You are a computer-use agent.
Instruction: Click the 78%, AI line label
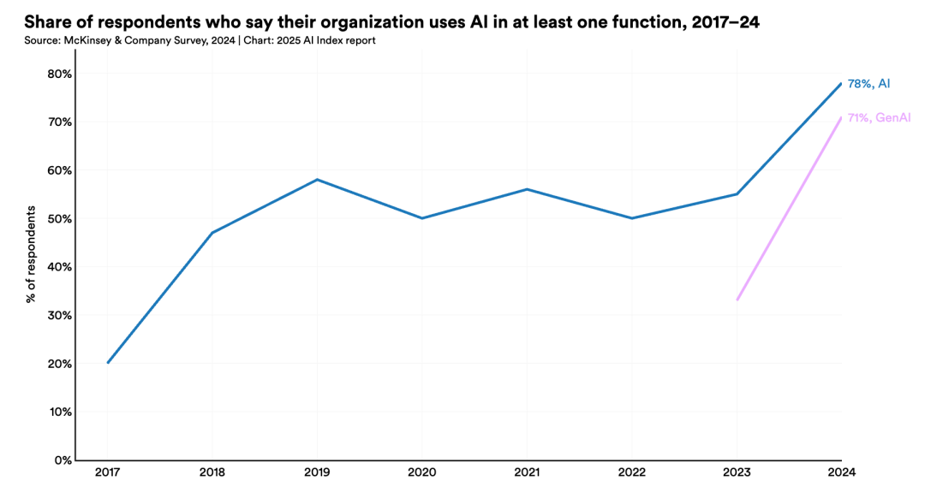(x=868, y=84)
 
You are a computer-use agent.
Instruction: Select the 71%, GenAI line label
(x=879, y=118)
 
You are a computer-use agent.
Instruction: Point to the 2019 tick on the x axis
(x=317, y=472)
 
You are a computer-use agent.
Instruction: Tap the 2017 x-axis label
(x=107, y=472)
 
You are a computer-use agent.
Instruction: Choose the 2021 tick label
(x=527, y=472)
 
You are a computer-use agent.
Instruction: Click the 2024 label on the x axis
(x=841, y=472)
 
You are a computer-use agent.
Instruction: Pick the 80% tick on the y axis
(x=59, y=74)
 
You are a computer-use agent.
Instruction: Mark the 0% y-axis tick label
(x=63, y=460)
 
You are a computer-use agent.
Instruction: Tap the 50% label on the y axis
(x=59, y=219)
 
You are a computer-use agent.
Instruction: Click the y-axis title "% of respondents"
(x=31, y=254)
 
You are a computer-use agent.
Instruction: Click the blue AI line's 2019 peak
(x=318, y=179)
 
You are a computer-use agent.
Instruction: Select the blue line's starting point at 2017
(x=108, y=363)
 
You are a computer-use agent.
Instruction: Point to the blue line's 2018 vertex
(x=212, y=233)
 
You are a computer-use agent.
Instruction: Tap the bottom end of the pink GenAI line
(x=737, y=300)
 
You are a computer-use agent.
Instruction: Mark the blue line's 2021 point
(x=527, y=189)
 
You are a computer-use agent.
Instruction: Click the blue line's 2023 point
(x=737, y=194)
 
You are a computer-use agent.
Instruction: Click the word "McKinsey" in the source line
(x=84, y=41)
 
